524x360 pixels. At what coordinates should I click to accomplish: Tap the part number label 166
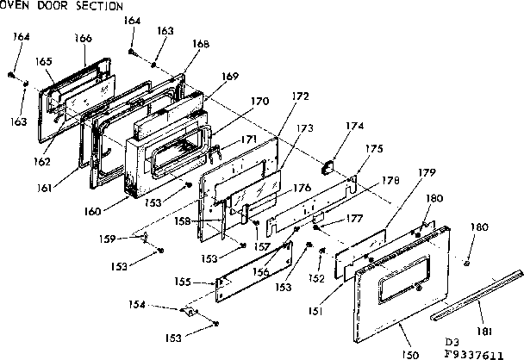click(84, 39)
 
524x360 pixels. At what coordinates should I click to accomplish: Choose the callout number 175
click(373, 148)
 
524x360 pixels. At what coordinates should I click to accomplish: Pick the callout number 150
click(409, 352)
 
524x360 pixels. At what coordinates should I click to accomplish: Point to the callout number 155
click(184, 282)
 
